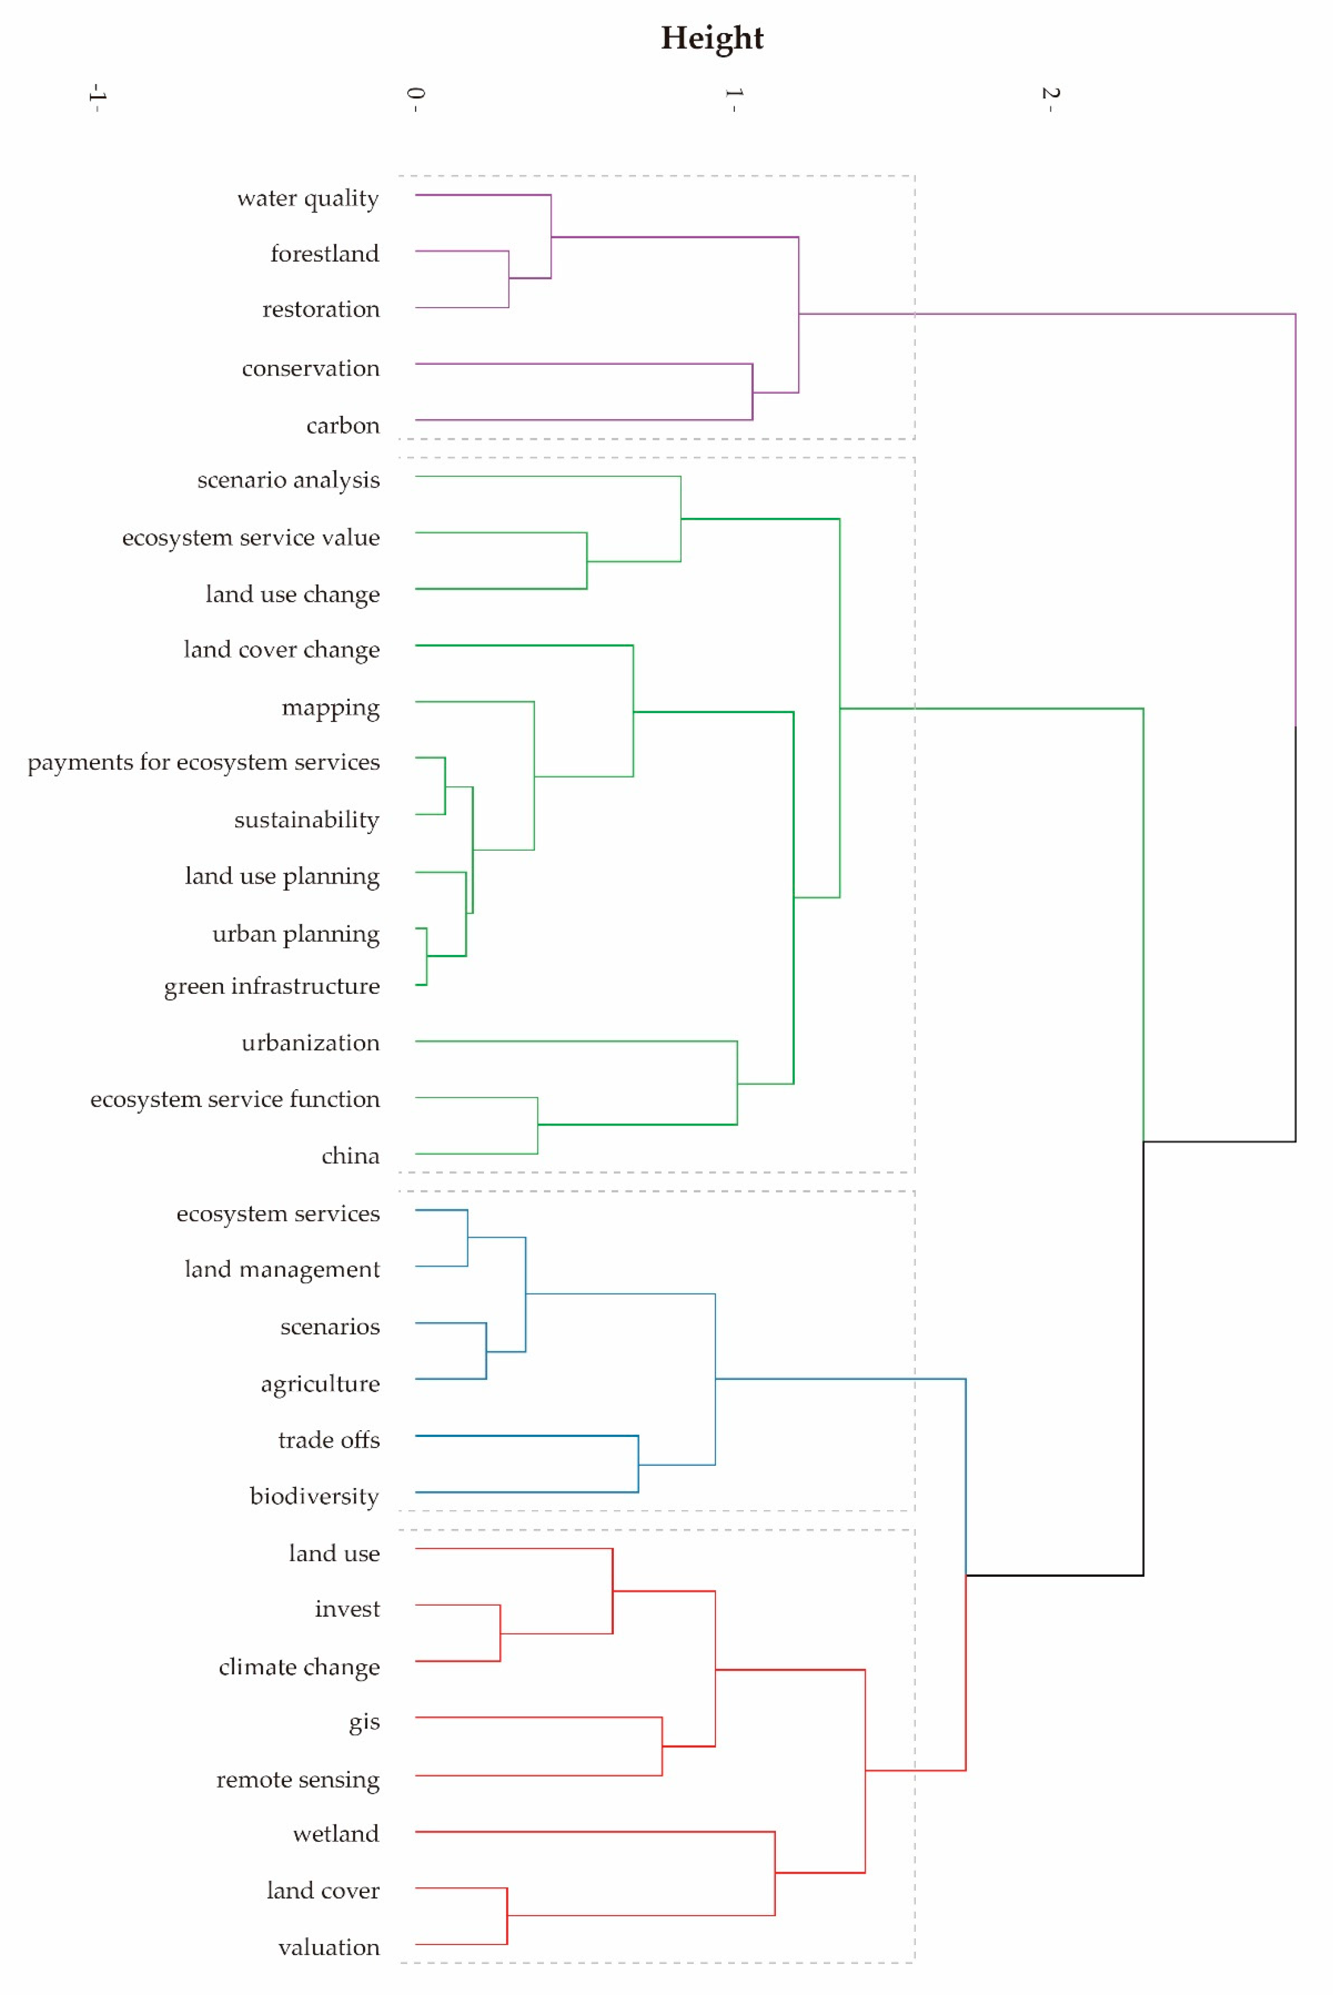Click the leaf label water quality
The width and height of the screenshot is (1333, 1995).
click(308, 199)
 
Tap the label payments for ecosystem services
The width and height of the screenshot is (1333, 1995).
click(203, 763)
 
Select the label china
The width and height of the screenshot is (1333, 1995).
click(350, 1156)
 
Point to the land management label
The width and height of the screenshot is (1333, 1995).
click(282, 1270)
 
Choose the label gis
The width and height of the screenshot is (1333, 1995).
click(364, 1723)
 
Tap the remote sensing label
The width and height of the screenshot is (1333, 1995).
click(298, 1780)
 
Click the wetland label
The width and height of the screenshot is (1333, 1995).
click(336, 1834)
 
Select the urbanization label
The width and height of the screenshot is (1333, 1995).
click(310, 1043)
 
